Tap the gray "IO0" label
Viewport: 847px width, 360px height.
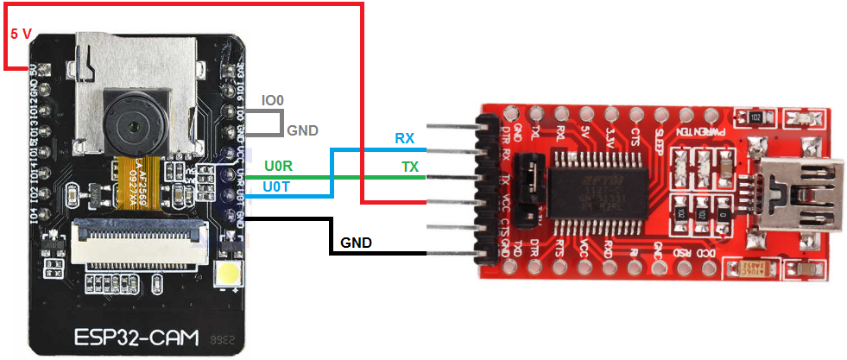click(272, 101)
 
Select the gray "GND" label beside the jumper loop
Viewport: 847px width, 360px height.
click(302, 130)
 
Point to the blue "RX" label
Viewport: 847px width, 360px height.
click(404, 138)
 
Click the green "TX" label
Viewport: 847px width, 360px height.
click(409, 167)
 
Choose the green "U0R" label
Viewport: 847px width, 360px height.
click(278, 164)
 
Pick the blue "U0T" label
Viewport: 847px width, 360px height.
click(277, 186)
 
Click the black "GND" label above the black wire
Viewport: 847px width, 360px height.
click(356, 243)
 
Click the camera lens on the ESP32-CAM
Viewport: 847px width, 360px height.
click(132, 126)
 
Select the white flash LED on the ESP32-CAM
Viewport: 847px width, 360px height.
click(229, 277)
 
